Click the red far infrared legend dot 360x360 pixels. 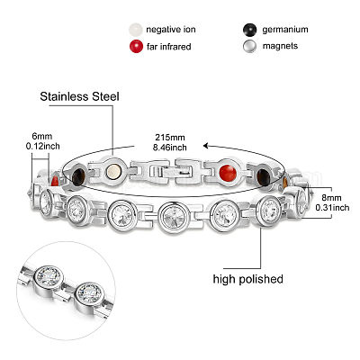coord(136,46)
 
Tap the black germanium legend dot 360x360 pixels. coord(249,30)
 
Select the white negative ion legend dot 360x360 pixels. coord(135,30)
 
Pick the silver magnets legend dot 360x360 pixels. coord(249,46)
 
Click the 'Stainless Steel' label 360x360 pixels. coord(79,96)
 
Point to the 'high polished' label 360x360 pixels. coord(248,279)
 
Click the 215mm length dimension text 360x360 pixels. coord(170,142)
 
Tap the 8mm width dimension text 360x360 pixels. coord(332,202)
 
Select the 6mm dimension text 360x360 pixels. coord(42,141)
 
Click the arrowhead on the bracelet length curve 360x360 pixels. coord(206,146)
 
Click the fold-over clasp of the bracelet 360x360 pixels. coord(172,171)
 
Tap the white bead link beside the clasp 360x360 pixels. coord(113,171)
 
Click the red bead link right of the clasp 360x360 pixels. coord(228,173)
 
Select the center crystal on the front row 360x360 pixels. coord(174,216)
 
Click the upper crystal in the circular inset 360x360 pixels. coord(48,278)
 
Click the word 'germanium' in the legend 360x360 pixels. coord(285,30)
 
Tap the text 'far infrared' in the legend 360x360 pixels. coord(169,47)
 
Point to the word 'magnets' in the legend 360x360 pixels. coord(280,46)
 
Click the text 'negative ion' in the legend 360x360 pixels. coord(171,30)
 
